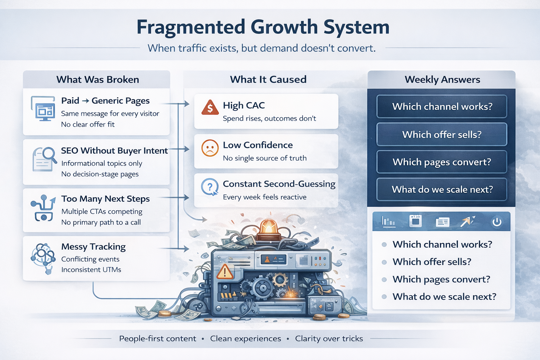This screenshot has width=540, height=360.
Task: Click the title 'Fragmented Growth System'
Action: [x=263, y=27]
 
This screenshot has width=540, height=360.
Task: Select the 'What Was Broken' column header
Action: [x=98, y=79]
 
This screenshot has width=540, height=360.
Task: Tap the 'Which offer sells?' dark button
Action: [x=442, y=134]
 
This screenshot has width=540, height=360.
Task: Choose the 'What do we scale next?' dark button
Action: [x=442, y=189]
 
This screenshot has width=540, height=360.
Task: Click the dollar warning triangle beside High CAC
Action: [x=210, y=108]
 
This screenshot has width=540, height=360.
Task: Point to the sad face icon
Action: [x=210, y=148]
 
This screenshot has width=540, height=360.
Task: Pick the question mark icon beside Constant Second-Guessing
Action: [x=210, y=187]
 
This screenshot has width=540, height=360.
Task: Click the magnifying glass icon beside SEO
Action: [x=49, y=155]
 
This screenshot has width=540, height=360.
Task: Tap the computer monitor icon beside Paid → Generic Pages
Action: [x=44, y=109]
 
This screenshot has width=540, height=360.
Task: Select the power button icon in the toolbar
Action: [x=496, y=222]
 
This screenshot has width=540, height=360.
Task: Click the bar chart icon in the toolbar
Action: [x=388, y=221]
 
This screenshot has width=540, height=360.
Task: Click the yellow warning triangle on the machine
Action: [x=225, y=272]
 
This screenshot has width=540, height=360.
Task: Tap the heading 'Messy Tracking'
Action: [x=93, y=247]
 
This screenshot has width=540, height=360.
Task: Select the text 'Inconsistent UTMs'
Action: [x=91, y=270]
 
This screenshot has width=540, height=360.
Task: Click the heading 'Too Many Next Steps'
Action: [x=105, y=199]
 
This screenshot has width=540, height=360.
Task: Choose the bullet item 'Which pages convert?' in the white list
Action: [x=441, y=279]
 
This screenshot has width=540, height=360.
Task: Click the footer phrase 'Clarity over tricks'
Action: [x=329, y=339]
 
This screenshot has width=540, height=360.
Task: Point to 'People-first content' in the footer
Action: [x=157, y=339]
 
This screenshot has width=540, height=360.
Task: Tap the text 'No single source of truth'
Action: [x=265, y=158]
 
